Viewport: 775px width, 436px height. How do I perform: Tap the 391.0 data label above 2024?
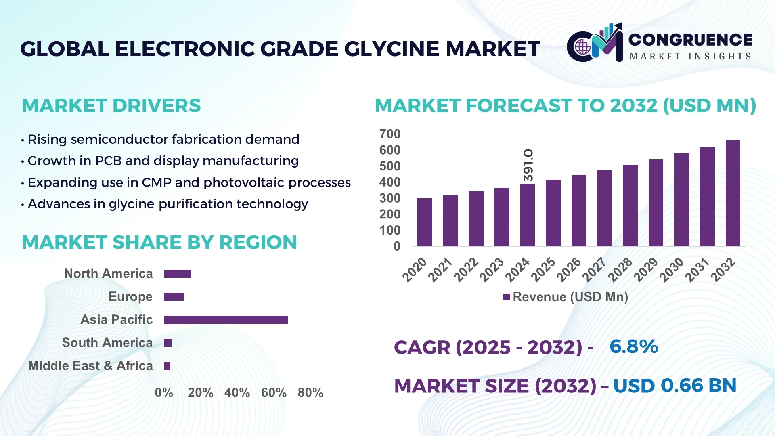[528, 165]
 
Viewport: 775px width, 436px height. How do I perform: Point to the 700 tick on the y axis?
[390, 134]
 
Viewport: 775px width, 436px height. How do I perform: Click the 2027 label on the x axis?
[595, 269]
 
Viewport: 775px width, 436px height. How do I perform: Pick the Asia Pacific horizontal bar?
[226, 320]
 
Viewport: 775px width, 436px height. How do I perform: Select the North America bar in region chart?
[177, 274]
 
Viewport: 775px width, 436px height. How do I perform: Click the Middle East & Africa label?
[90, 366]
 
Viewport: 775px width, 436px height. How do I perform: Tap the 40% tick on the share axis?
[237, 392]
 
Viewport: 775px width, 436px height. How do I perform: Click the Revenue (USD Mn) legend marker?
[506, 297]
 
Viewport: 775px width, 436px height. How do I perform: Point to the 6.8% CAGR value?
[634, 346]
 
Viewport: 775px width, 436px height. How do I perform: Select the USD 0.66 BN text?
[674, 386]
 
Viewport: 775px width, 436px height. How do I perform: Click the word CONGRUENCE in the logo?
[690, 40]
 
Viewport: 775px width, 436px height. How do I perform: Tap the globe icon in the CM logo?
[582, 47]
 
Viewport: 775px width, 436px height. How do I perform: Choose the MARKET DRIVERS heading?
[111, 106]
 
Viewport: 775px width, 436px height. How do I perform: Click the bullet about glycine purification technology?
[168, 204]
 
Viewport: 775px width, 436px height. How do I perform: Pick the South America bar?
[168, 343]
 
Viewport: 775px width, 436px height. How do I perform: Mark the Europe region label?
[130, 297]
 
